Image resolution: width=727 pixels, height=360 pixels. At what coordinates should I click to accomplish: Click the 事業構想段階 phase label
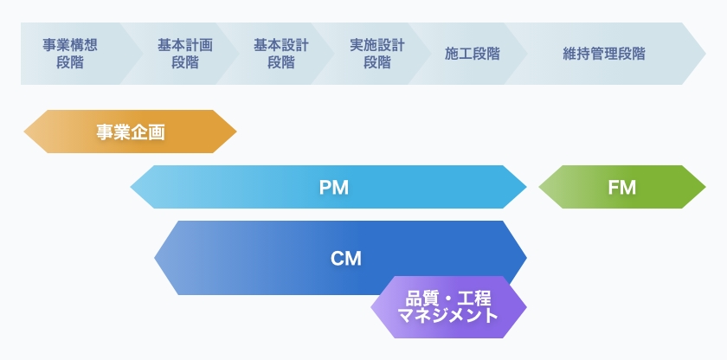[70, 54]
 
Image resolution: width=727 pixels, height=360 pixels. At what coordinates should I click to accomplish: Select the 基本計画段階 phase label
[185, 54]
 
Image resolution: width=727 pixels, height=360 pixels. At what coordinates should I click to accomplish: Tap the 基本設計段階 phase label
[281, 54]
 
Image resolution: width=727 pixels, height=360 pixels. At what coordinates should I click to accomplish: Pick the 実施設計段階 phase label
[377, 54]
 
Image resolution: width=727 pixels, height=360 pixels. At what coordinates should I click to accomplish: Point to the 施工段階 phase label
[473, 54]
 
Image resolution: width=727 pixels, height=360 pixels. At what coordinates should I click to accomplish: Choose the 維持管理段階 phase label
[604, 54]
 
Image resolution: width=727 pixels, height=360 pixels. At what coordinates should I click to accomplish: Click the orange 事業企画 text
[130, 132]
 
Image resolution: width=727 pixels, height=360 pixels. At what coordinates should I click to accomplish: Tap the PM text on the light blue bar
[333, 188]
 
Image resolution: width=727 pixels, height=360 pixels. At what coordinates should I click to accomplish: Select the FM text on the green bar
[621, 188]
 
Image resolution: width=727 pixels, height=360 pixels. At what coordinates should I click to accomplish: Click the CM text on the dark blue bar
[345, 258]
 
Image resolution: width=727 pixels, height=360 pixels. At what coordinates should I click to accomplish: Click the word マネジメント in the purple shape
[448, 316]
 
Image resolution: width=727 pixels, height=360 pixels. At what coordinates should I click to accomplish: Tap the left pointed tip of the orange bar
[25, 132]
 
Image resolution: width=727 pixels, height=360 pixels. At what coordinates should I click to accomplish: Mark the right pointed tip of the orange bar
[235, 132]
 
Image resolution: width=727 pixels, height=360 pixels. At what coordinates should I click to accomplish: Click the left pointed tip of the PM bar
[132, 187]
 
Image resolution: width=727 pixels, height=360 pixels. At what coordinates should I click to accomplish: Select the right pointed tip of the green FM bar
[704, 187]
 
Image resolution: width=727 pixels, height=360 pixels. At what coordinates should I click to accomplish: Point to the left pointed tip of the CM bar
[156, 258]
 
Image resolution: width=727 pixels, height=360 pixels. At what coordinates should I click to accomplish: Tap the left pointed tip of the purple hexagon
[372, 307]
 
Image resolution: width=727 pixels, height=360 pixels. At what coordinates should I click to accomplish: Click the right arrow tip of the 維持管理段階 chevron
[704, 54]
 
